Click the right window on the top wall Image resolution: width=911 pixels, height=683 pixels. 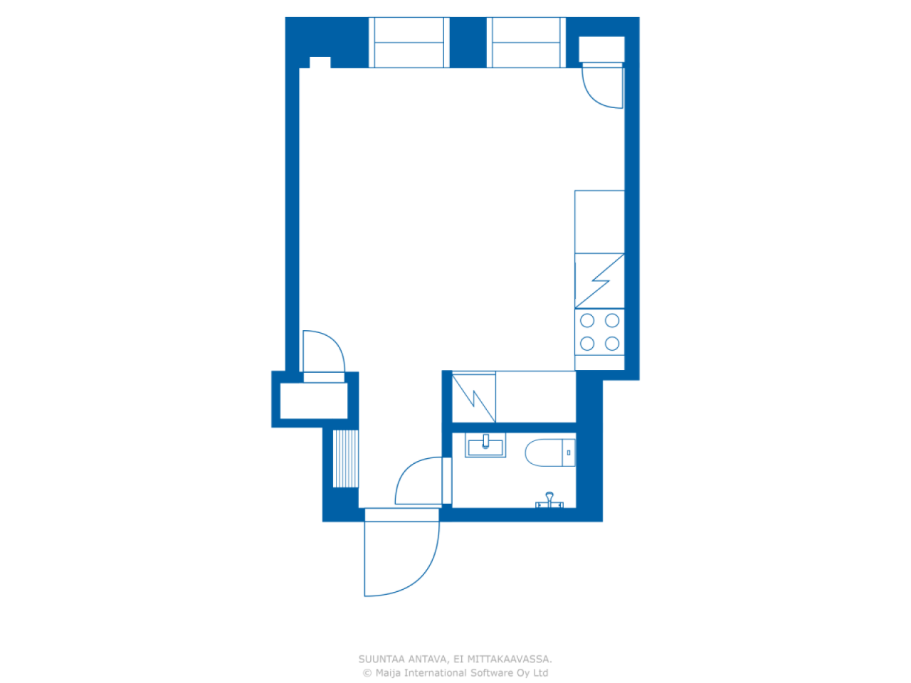(527, 43)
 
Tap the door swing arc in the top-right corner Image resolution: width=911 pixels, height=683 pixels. (602, 87)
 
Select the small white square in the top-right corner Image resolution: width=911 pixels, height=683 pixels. (601, 49)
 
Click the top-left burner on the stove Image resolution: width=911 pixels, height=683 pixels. (587, 321)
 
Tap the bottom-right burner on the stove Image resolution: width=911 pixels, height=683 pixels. (612, 344)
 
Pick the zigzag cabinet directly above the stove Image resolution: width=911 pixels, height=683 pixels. (599, 280)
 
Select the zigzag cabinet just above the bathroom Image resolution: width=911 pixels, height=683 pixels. (474, 397)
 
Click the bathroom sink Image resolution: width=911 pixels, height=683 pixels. (485, 447)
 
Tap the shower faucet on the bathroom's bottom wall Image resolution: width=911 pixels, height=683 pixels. (549, 500)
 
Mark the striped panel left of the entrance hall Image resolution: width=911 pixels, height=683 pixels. (346, 458)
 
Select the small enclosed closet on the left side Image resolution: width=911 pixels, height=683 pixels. (314, 401)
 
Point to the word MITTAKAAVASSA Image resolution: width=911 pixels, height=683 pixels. (509, 660)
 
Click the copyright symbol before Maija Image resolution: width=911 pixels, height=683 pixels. (367, 673)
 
